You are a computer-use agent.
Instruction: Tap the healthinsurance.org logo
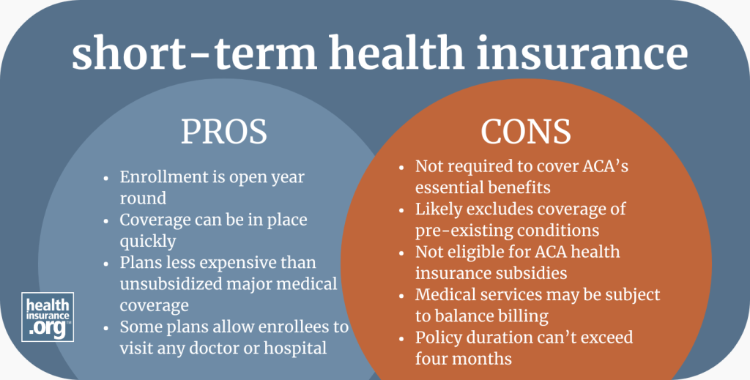[48, 316]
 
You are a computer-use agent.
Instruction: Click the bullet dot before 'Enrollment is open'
[108, 178]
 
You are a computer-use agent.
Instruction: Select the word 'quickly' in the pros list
[146, 241]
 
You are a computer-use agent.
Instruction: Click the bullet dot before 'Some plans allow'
[108, 327]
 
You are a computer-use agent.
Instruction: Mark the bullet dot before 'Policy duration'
[404, 338]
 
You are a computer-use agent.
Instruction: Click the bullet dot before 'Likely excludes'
[404, 209]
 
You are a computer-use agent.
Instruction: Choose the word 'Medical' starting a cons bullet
[445, 294]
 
